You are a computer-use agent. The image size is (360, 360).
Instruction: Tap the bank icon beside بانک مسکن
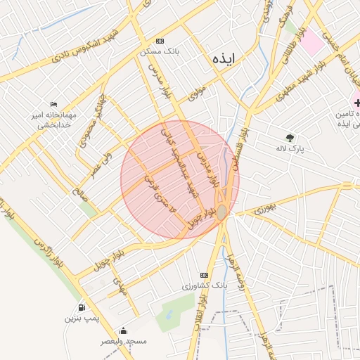pyautogui.click(x=160, y=41)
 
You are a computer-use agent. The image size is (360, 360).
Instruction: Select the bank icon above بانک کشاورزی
pyautogui.click(x=205, y=275)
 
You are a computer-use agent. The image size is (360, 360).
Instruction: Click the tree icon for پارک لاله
pyautogui.click(x=290, y=138)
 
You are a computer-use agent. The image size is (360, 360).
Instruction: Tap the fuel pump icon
pyautogui.click(x=82, y=307)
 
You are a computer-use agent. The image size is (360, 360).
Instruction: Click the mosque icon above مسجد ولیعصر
pyautogui.click(x=124, y=330)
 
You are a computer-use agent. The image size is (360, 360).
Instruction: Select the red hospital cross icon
pyautogui.click(x=356, y=103)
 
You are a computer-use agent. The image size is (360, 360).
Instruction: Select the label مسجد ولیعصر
pyautogui.click(x=124, y=342)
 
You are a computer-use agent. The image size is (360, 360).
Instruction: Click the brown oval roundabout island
pyautogui.click(x=221, y=212)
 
